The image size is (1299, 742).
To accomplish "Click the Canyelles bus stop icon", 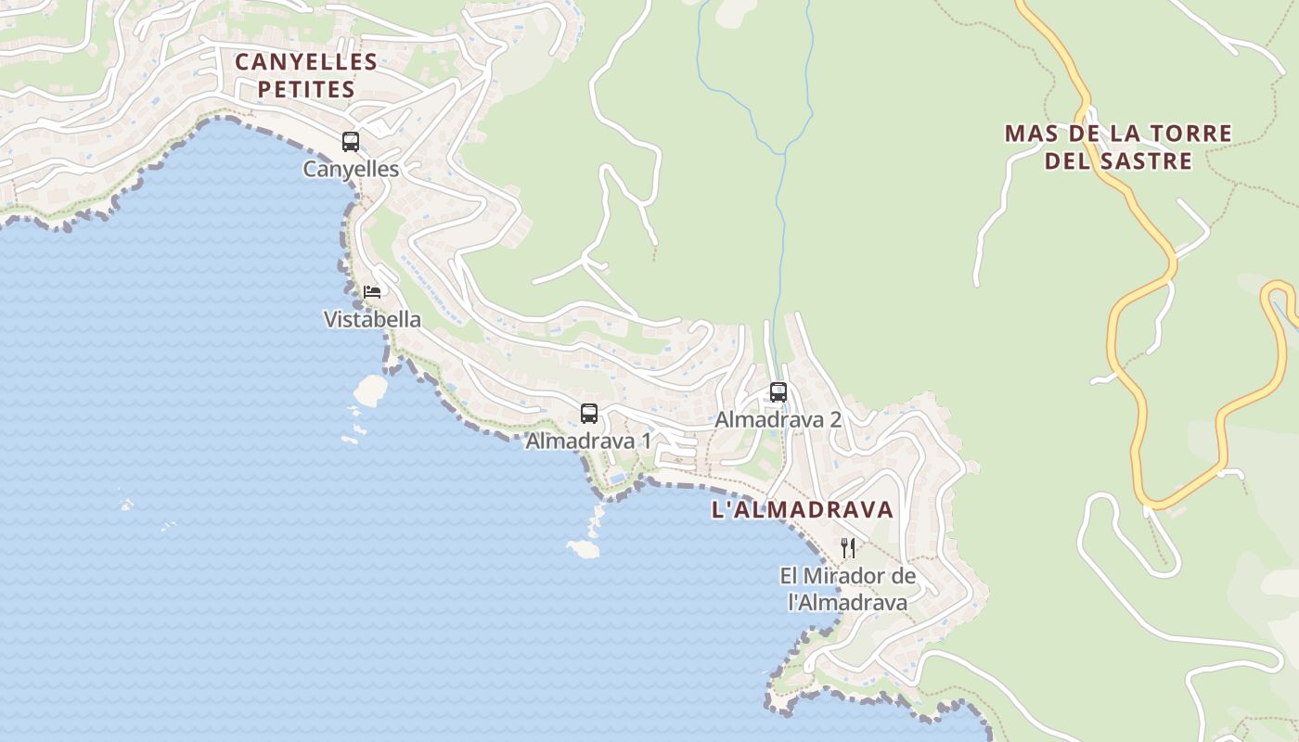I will point(351,142).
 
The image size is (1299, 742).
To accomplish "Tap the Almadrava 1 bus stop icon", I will point(589,414).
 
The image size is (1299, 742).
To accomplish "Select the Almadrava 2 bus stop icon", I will point(778,392).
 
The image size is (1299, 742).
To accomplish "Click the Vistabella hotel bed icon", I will point(372,292).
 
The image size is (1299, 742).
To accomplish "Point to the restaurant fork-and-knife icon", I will point(847,547).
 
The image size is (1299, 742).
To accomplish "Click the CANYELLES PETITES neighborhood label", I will point(306,76).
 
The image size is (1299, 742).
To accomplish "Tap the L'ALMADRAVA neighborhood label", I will point(803,509).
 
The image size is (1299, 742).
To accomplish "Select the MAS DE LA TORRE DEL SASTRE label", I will point(1118,147).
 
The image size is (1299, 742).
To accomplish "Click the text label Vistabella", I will point(372,320).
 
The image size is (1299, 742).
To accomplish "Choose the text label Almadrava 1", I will point(588,441).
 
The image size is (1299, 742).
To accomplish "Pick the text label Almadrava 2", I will point(778,419).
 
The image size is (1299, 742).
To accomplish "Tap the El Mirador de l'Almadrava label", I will point(847,589).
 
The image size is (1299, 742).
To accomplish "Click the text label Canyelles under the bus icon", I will point(351,169).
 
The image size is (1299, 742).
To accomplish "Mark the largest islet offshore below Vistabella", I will point(369,390).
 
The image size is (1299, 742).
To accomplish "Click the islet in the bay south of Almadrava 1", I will point(583,548).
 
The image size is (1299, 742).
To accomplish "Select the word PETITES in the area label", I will point(306,90).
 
